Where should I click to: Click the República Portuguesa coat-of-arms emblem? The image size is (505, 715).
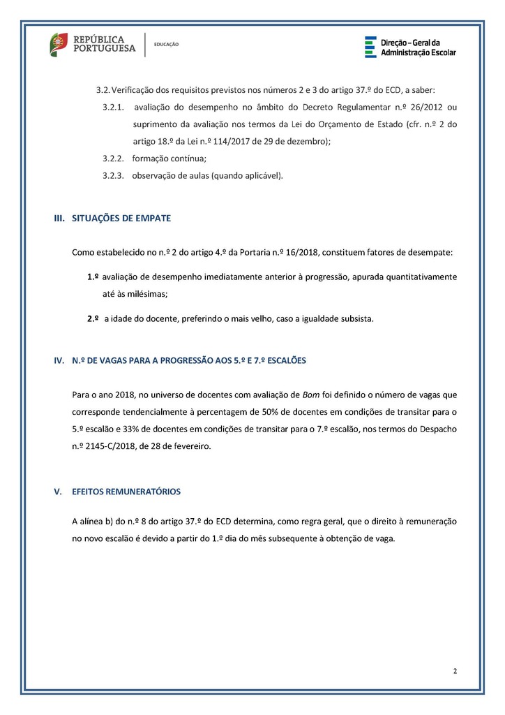coord(59,45)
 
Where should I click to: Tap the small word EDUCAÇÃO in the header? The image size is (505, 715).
coord(166,45)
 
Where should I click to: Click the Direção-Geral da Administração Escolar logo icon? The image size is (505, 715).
coord(370,47)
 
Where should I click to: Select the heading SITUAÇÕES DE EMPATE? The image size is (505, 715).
coord(121,219)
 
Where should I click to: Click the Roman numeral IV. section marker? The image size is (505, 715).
coord(59,361)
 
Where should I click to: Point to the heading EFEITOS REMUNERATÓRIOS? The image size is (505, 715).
coord(126,492)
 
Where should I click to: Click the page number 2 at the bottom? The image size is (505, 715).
coord(455,672)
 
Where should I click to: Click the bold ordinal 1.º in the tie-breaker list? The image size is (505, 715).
coord(93,277)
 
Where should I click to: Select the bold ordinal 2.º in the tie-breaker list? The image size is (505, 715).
coord(93,319)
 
